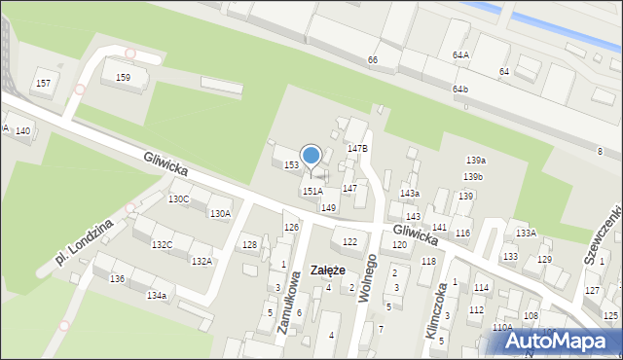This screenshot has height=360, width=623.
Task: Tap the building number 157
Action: [x=43, y=84]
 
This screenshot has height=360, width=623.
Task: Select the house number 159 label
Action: [x=123, y=77]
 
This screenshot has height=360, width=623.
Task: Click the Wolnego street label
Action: [x=368, y=276]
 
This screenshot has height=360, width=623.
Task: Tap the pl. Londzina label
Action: [x=85, y=240]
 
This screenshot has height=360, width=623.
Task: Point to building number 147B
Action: [x=357, y=149]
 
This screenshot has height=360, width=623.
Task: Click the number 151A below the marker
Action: [x=312, y=192]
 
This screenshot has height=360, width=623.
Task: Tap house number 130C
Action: [x=178, y=199]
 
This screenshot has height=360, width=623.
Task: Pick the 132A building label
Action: [x=202, y=261]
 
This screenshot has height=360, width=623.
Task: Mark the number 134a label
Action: [x=156, y=295]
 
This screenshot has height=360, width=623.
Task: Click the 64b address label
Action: [x=460, y=90]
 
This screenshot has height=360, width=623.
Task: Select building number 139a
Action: [x=475, y=160]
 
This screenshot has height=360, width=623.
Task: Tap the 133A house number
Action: [x=526, y=234]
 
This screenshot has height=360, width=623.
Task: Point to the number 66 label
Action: [x=372, y=60]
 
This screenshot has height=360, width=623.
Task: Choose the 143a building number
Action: [x=410, y=194]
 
